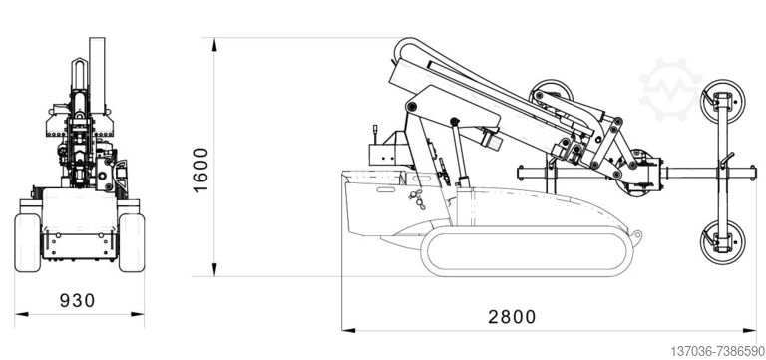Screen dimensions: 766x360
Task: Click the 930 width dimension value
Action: tap(77, 300)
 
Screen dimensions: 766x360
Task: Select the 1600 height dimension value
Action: tap(200, 170)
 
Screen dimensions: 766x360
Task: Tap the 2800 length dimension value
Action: tap(512, 317)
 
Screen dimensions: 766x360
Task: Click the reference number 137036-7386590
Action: tap(717, 351)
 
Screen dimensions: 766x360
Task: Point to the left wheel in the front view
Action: tap(27, 242)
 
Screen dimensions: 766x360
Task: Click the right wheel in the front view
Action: tap(132, 242)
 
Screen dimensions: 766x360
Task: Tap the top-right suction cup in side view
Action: tap(722, 101)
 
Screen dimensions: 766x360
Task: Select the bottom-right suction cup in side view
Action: tap(722, 242)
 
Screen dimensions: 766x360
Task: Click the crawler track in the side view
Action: tap(527, 251)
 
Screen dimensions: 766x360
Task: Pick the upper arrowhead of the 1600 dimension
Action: tap(214, 45)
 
